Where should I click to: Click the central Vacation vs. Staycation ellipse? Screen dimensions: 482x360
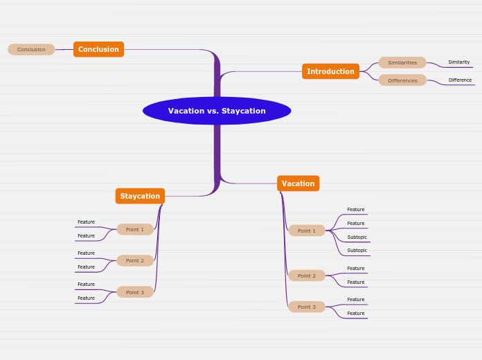(217, 111)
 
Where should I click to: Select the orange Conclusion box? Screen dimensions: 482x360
(98, 49)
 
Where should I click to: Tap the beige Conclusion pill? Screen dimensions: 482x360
(31, 49)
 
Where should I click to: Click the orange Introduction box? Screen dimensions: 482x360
(330, 71)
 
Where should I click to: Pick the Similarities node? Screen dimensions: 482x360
(402, 62)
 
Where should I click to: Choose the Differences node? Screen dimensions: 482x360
(402, 80)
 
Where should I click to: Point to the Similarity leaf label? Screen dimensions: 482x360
(459, 62)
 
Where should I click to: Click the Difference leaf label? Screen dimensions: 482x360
(460, 80)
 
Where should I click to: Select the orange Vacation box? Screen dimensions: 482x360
(298, 183)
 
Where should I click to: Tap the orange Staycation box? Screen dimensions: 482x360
(140, 196)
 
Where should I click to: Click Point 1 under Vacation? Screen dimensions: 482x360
(307, 231)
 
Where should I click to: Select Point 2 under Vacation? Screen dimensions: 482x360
(307, 276)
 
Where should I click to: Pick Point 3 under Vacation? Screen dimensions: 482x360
(307, 307)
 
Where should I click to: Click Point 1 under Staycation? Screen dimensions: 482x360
(135, 229)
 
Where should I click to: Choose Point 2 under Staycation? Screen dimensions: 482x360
(135, 261)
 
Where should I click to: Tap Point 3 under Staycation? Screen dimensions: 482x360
(135, 292)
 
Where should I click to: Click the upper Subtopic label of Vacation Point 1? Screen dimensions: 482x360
(357, 237)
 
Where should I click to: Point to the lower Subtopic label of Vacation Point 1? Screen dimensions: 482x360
(357, 250)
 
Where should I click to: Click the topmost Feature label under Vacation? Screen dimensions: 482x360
(356, 209)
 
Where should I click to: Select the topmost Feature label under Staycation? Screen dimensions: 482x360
(86, 222)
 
